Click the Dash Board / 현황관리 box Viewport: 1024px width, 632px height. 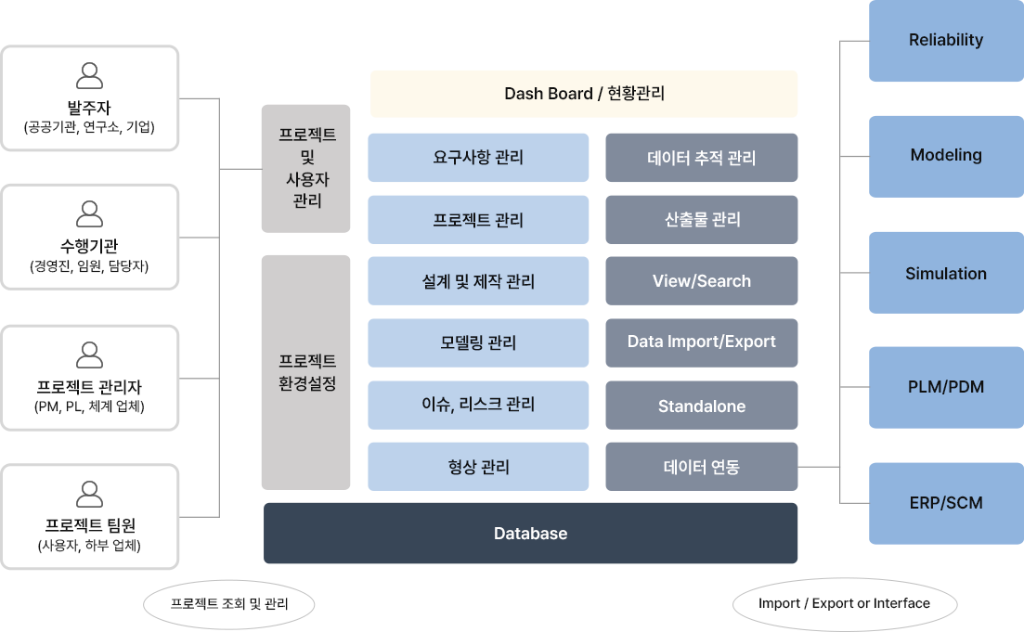coord(584,94)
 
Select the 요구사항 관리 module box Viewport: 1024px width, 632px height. coord(478,158)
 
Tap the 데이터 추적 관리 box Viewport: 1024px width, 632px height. coord(701,158)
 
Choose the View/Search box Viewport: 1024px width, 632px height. coord(701,281)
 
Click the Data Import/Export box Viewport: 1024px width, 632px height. coord(701,342)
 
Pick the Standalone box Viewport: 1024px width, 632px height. coord(701,406)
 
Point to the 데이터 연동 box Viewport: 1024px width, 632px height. coord(701,467)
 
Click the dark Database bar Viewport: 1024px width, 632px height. coord(530,534)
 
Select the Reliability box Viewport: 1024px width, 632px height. coord(945,41)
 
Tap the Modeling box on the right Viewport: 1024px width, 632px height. coord(945,156)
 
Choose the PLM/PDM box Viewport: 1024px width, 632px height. coord(945,387)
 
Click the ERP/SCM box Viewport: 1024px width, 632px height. coord(945,503)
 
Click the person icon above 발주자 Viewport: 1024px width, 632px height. coord(89,75)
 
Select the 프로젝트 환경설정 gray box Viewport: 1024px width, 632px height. coord(306,372)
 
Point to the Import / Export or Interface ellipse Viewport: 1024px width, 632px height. coord(844,604)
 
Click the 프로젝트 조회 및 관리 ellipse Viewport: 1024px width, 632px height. coord(229,605)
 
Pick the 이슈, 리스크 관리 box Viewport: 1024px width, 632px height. coord(478,405)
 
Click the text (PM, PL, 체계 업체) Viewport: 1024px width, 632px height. coord(89,406)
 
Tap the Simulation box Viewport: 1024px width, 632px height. coord(945,274)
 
